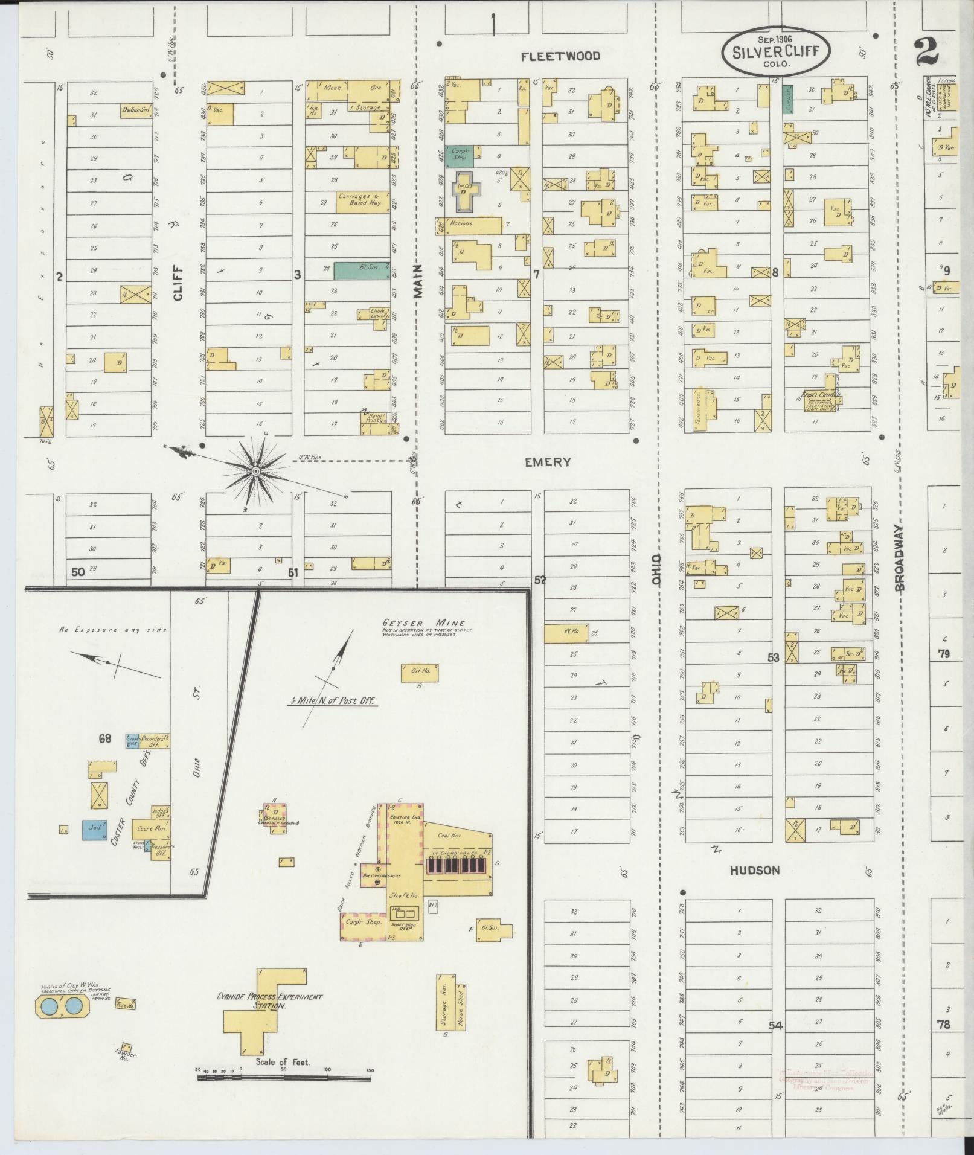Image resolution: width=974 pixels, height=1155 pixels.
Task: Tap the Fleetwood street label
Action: point(561,56)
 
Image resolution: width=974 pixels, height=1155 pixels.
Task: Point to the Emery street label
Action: point(548,462)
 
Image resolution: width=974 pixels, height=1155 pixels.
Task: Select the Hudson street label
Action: point(754,870)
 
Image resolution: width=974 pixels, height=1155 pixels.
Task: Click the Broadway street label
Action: point(900,558)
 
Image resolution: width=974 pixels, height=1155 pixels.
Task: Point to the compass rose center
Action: point(256,470)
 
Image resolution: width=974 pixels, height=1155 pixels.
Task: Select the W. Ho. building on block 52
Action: point(566,633)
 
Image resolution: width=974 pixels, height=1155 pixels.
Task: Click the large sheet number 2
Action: point(927,52)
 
